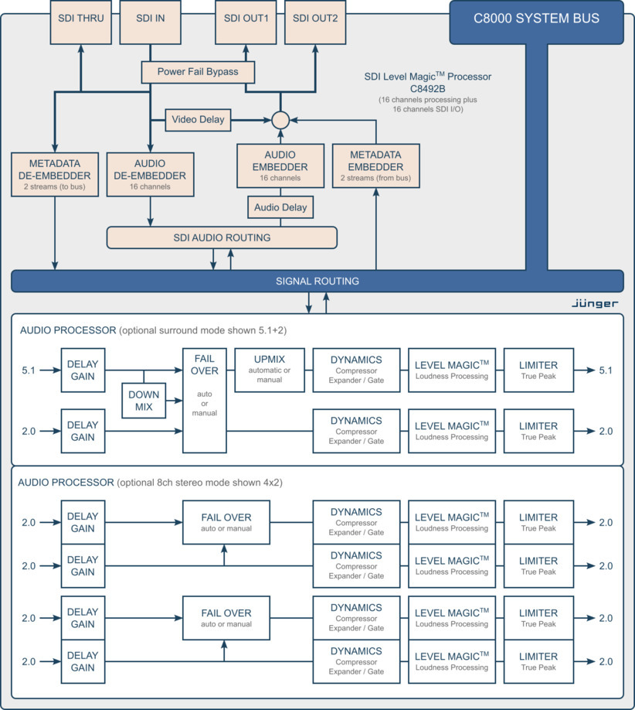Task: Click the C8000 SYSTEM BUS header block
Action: (536, 19)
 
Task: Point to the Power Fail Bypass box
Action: (198, 72)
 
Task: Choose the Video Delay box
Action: (198, 120)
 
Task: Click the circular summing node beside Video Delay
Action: (280, 120)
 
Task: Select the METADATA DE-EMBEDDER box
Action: (56, 174)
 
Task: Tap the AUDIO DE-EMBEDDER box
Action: (151, 174)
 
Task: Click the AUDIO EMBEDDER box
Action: (280, 166)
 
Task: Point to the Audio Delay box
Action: (280, 207)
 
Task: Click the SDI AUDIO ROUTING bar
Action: (222, 237)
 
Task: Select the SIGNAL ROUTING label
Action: (317, 281)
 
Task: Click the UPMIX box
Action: (270, 370)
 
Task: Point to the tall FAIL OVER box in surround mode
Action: (205, 400)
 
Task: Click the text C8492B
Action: (428, 89)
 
